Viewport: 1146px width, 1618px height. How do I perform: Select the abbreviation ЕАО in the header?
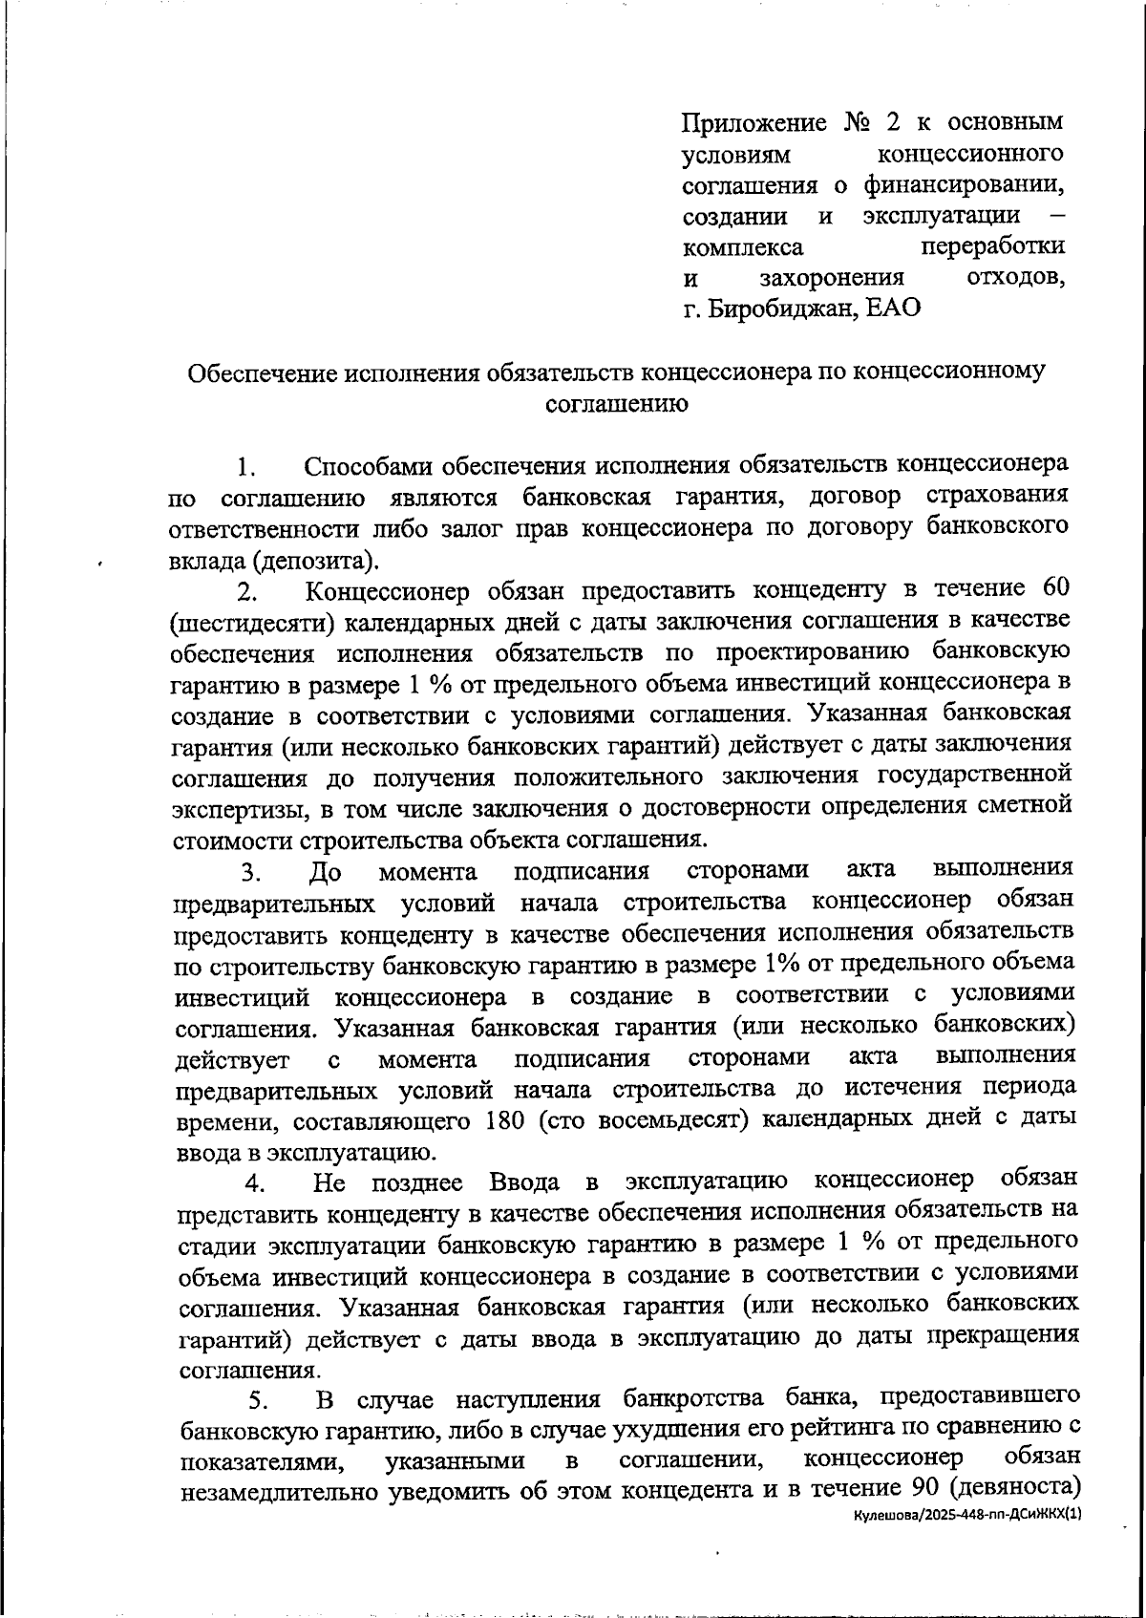click(892, 309)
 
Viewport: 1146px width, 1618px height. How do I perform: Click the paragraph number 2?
click(247, 592)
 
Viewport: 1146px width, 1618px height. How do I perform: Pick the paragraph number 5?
click(257, 1401)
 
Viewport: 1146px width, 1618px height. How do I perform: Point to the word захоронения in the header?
click(832, 278)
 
